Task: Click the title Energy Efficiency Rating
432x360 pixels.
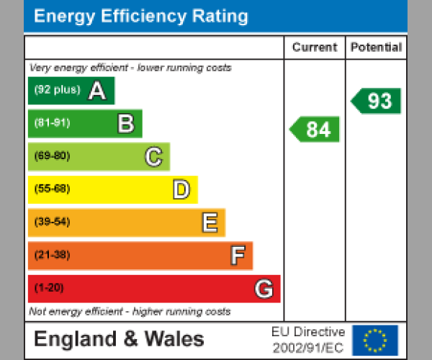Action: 141,17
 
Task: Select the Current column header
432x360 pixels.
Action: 314,48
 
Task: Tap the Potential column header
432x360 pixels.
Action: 376,48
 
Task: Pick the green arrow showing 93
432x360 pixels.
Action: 377,101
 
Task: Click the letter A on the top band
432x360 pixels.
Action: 97,91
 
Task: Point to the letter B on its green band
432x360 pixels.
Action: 125,124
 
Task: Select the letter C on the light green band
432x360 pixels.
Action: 153,156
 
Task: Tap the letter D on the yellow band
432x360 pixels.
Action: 181,189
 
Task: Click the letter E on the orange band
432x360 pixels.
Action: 209,222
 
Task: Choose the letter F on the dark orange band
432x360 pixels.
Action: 237,256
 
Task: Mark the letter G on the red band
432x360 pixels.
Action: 264,289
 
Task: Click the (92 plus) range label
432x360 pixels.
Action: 57,91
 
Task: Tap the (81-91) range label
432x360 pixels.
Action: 52,123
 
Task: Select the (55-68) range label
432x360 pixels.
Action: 52,189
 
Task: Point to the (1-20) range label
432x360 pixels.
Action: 49,289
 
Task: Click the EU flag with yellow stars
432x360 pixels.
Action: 375,339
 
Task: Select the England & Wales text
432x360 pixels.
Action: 119,339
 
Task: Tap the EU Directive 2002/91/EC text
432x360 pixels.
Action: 308,340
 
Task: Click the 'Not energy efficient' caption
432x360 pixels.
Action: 130,312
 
